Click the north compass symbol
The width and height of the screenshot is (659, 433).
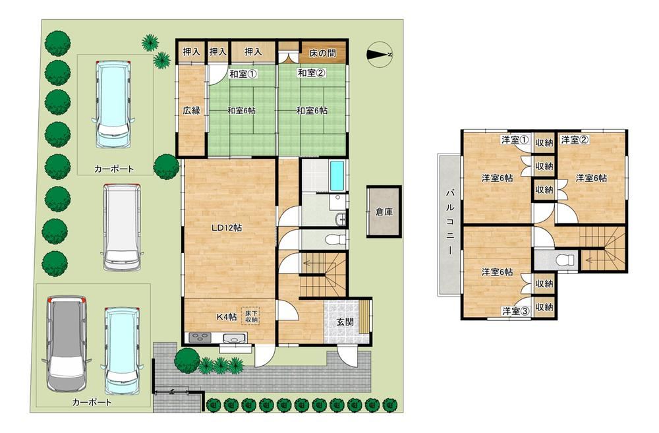pos(380,55)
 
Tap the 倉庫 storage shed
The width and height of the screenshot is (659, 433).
pos(384,212)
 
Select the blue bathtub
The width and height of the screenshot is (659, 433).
pos(337,176)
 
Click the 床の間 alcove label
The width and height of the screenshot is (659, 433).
pos(322,53)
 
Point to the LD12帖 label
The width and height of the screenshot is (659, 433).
pos(226,228)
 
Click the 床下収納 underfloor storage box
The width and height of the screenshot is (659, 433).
pos(250,316)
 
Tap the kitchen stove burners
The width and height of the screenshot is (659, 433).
pos(201,337)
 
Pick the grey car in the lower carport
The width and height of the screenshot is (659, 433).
pos(66,343)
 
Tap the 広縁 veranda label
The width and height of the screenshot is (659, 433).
pos(191,111)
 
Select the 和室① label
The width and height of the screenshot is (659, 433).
pos(243,74)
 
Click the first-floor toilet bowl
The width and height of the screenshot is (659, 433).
pos(335,240)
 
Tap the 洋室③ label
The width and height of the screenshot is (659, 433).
pos(515,311)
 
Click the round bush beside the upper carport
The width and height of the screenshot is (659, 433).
pos(166,167)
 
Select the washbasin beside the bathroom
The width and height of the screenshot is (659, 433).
pos(341,219)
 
